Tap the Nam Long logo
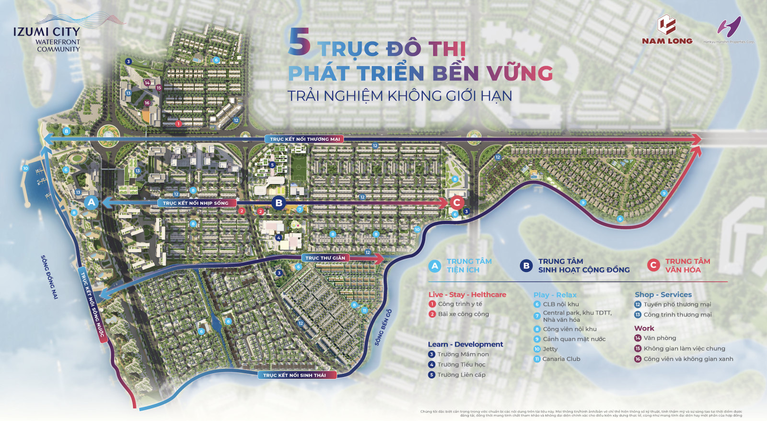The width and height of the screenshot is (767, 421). pyautogui.click(x=667, y=31)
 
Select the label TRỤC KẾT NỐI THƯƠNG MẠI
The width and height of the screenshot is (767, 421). pyautogui.click(x=305, y=139)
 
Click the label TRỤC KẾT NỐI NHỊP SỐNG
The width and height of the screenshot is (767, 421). pyautogui.click(x=196, y=203)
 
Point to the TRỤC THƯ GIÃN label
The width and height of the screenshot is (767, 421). pyautogui.click(x=325, y=258)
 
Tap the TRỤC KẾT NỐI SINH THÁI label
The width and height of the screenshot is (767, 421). pyautogui.click(x=294, y=375)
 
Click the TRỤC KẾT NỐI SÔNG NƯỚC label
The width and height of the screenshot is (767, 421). pyautogui.click(x=92, y=304)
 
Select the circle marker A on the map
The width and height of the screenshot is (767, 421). pyautogui.click(x=91, y=202)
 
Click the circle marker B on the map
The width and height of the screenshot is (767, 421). pyautogui.click(x=279, y=203)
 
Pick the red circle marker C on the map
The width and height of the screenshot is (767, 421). pyautogui.click(x=456, y=202)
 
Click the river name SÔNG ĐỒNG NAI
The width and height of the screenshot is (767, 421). pyautogui.click(x=49, y=277)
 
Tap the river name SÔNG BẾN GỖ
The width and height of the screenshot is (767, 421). pyautogui.click(x=383, y=327)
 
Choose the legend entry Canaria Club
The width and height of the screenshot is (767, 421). pyautogui.click(x=561, y=359)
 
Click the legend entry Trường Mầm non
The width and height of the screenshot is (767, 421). pyautogui.click(x=463, y=354)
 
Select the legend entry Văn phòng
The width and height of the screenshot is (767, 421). pyautogui.click(x=660, y=338)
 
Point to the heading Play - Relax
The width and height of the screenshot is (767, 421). pyautogui.click(x=555, y=295)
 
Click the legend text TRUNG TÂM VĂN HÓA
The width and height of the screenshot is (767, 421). pyautogui.click(x=687, y=266)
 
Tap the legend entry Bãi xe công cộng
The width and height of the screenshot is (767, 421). pyautogui.click(x=463, y=314)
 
